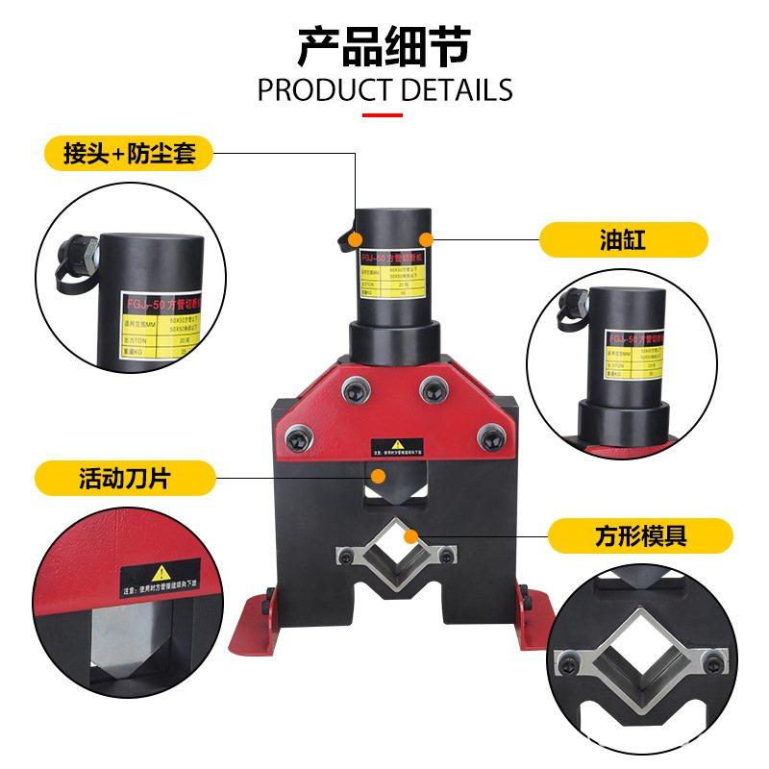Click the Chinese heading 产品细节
point(384,45)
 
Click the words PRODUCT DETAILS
point(384,90)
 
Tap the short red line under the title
point(384,114)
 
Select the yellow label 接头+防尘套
point(130,153)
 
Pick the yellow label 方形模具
point(635,534)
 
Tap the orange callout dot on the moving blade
point(379,476)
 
